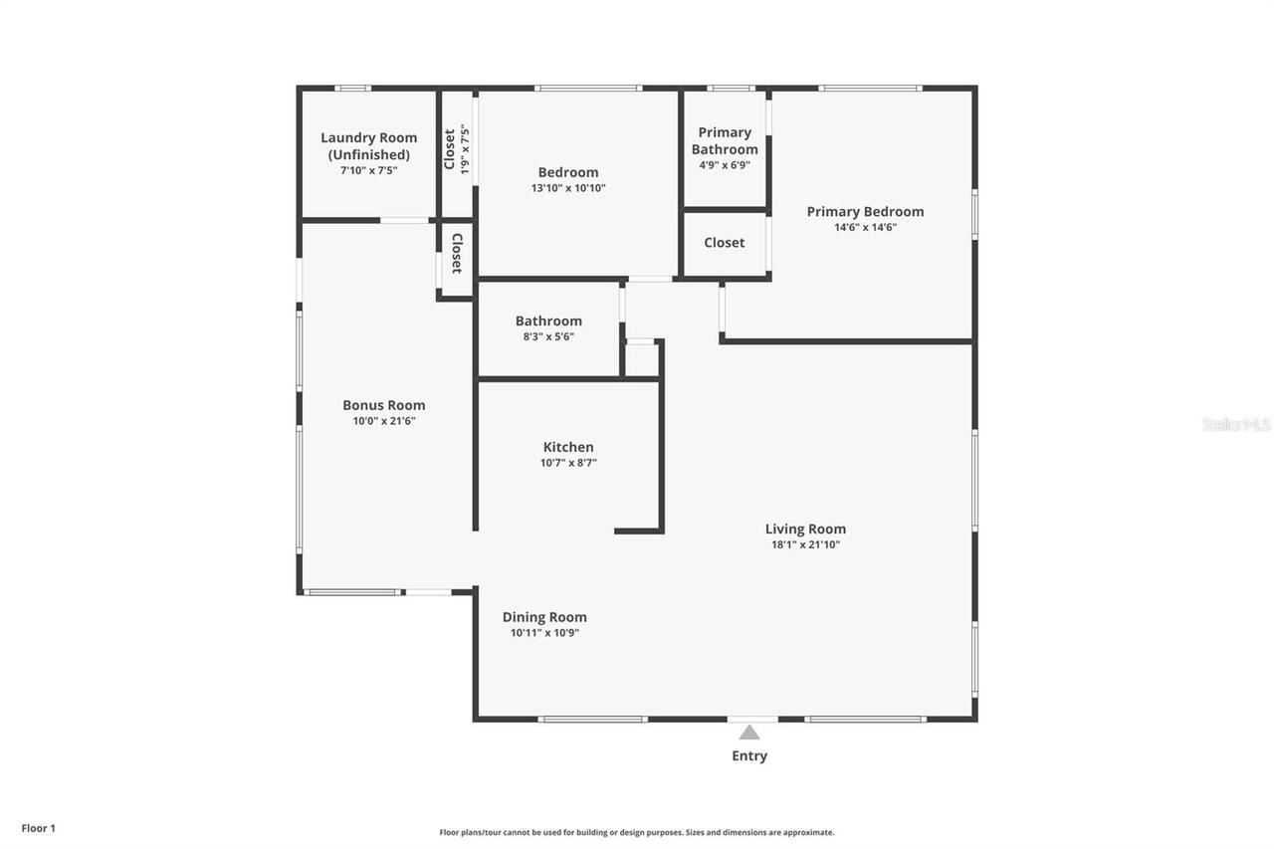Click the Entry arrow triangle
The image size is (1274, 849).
click(749, 733)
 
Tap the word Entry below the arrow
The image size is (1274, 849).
click(749, 756)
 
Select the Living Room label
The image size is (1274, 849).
click(805, 530)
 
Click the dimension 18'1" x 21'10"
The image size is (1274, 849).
click(805, 544)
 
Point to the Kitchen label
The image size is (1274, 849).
click(568, 448)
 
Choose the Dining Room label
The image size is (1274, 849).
click(544, 617)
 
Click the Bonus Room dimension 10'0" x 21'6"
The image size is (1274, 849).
click(383, 421)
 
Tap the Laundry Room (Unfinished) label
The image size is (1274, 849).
click(369, 146)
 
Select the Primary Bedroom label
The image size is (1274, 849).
click(865, 211)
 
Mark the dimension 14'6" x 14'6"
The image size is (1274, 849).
click(865, 227)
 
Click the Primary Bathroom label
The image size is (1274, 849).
click(725, 140)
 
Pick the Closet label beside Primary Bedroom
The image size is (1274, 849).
click(724, 243)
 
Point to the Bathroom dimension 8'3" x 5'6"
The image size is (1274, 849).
click(548, 336)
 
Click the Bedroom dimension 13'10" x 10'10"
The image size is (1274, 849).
click(568, 188)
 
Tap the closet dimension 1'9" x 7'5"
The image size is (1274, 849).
click(464, 149)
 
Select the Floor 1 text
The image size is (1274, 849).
click(39, 828)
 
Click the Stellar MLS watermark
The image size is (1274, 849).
click(1236, 424)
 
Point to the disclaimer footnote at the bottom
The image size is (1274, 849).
click(637, 832)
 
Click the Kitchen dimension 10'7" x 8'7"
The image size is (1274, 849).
click(568, 463)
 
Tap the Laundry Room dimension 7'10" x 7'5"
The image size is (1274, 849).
click(369, 170)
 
